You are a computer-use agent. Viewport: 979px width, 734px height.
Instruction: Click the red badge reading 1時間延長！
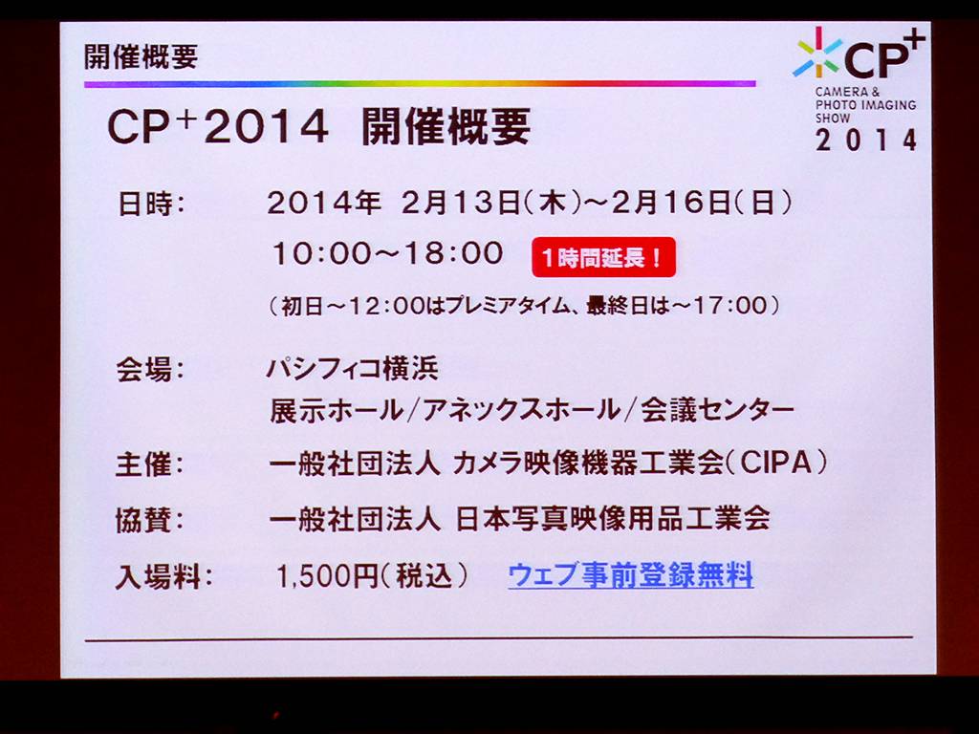(x=604, y=256)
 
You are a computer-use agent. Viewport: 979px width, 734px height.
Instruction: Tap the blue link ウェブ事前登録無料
(x=631, y=574)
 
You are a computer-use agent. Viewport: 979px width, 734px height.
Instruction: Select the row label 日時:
(x=152, y=204)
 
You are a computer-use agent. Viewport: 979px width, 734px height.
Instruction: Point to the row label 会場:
(x=150, y=370)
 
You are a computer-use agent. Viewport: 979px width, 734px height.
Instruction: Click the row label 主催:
(x=150, y=465)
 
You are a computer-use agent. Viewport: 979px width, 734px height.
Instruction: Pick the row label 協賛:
(x=150, y=520)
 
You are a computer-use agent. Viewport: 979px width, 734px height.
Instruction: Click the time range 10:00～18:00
(x=388, y=253)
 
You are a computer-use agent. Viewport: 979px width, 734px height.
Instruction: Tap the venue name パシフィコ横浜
(x=353, y=368)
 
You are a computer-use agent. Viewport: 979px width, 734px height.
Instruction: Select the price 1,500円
(x=328, y=575)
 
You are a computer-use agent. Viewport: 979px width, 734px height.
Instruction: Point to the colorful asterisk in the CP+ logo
(x=816, y=54)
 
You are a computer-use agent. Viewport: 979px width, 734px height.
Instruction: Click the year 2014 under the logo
(x=866, y=140)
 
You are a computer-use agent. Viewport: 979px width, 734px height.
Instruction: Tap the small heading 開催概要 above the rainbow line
(x=141, y=56)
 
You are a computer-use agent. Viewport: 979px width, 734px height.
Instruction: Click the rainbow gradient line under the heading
(x=421, y=83)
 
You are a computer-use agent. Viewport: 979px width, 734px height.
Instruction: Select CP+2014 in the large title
(x=218, y=127)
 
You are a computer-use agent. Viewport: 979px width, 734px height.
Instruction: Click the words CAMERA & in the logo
(x=847, y=92)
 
